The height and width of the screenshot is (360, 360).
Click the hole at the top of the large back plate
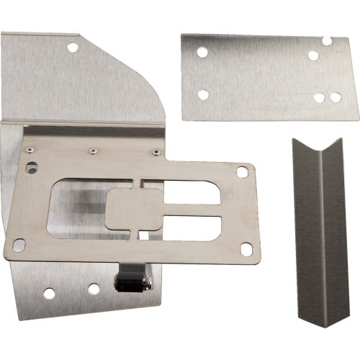point(72,48)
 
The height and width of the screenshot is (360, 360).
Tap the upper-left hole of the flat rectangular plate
point(202,52)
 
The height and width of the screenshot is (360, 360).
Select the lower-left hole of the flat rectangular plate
point(202,94)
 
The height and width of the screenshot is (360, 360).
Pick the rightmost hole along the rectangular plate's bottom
point(336,96)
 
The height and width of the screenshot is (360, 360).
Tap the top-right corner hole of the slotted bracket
point(242,172)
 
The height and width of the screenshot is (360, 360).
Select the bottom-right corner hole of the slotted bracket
point(246,249)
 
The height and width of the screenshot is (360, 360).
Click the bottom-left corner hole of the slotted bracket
point(19,246)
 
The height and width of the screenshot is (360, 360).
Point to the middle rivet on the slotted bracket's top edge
point(92,151)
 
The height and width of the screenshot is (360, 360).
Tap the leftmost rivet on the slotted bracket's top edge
point(29,150)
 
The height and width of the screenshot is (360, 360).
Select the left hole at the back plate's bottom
point(49,294)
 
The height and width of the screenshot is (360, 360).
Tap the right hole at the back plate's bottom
point(94,289)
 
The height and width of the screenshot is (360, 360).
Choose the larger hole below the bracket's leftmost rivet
point(32,168)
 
